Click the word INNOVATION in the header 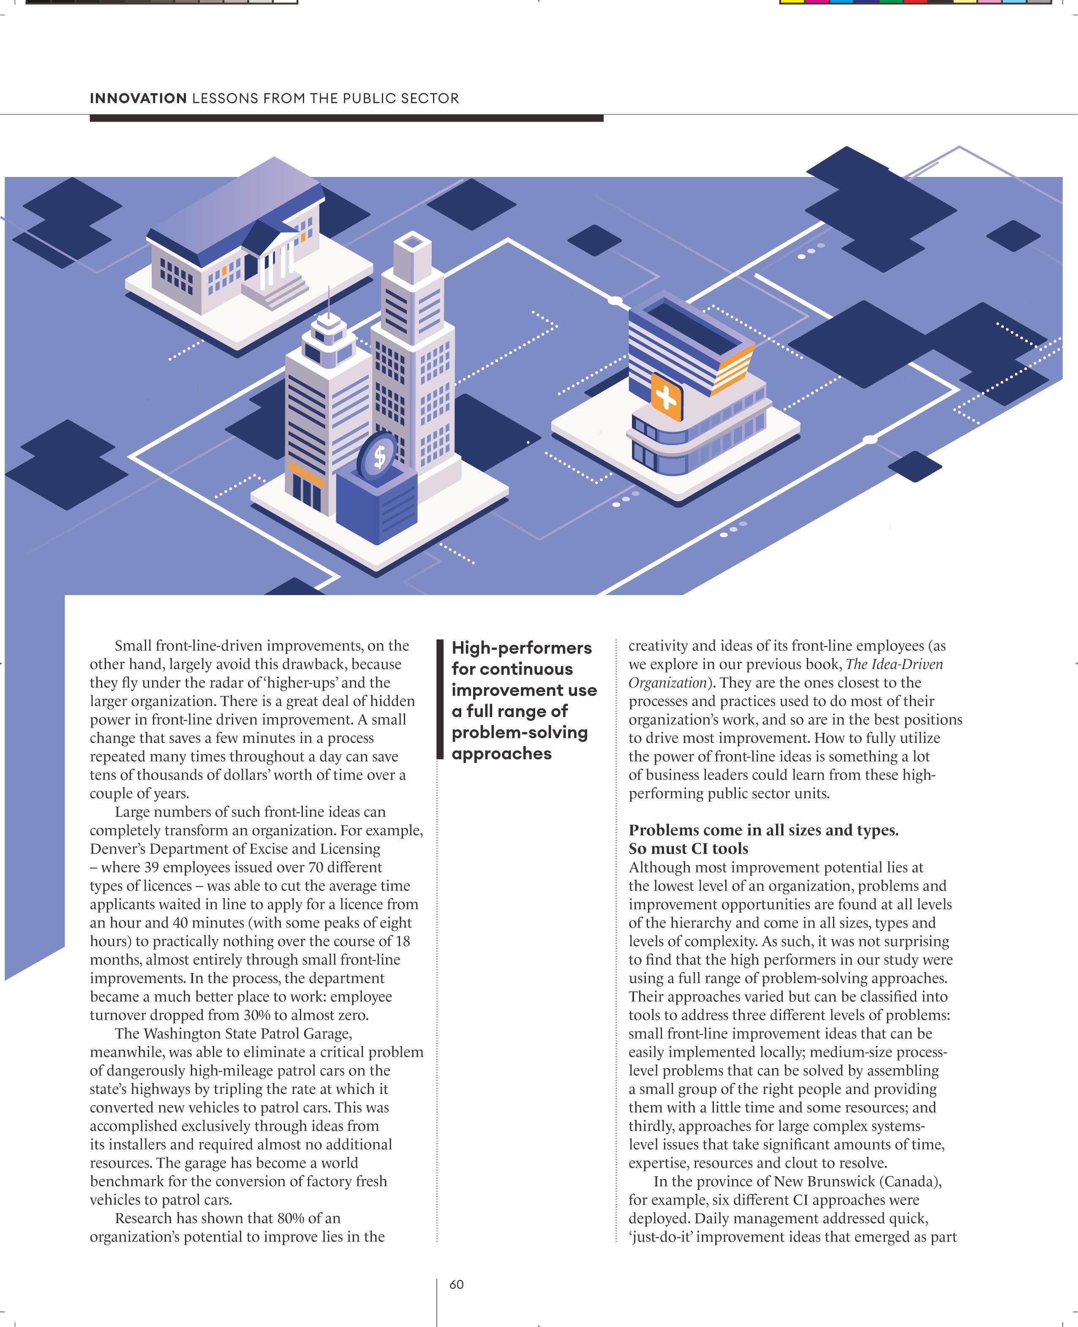tap(138, 98)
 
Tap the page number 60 tap(456, 1285)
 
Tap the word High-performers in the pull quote tap(522, 648)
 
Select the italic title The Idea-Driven tap(894, 664)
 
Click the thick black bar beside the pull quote tap(440, 699)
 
